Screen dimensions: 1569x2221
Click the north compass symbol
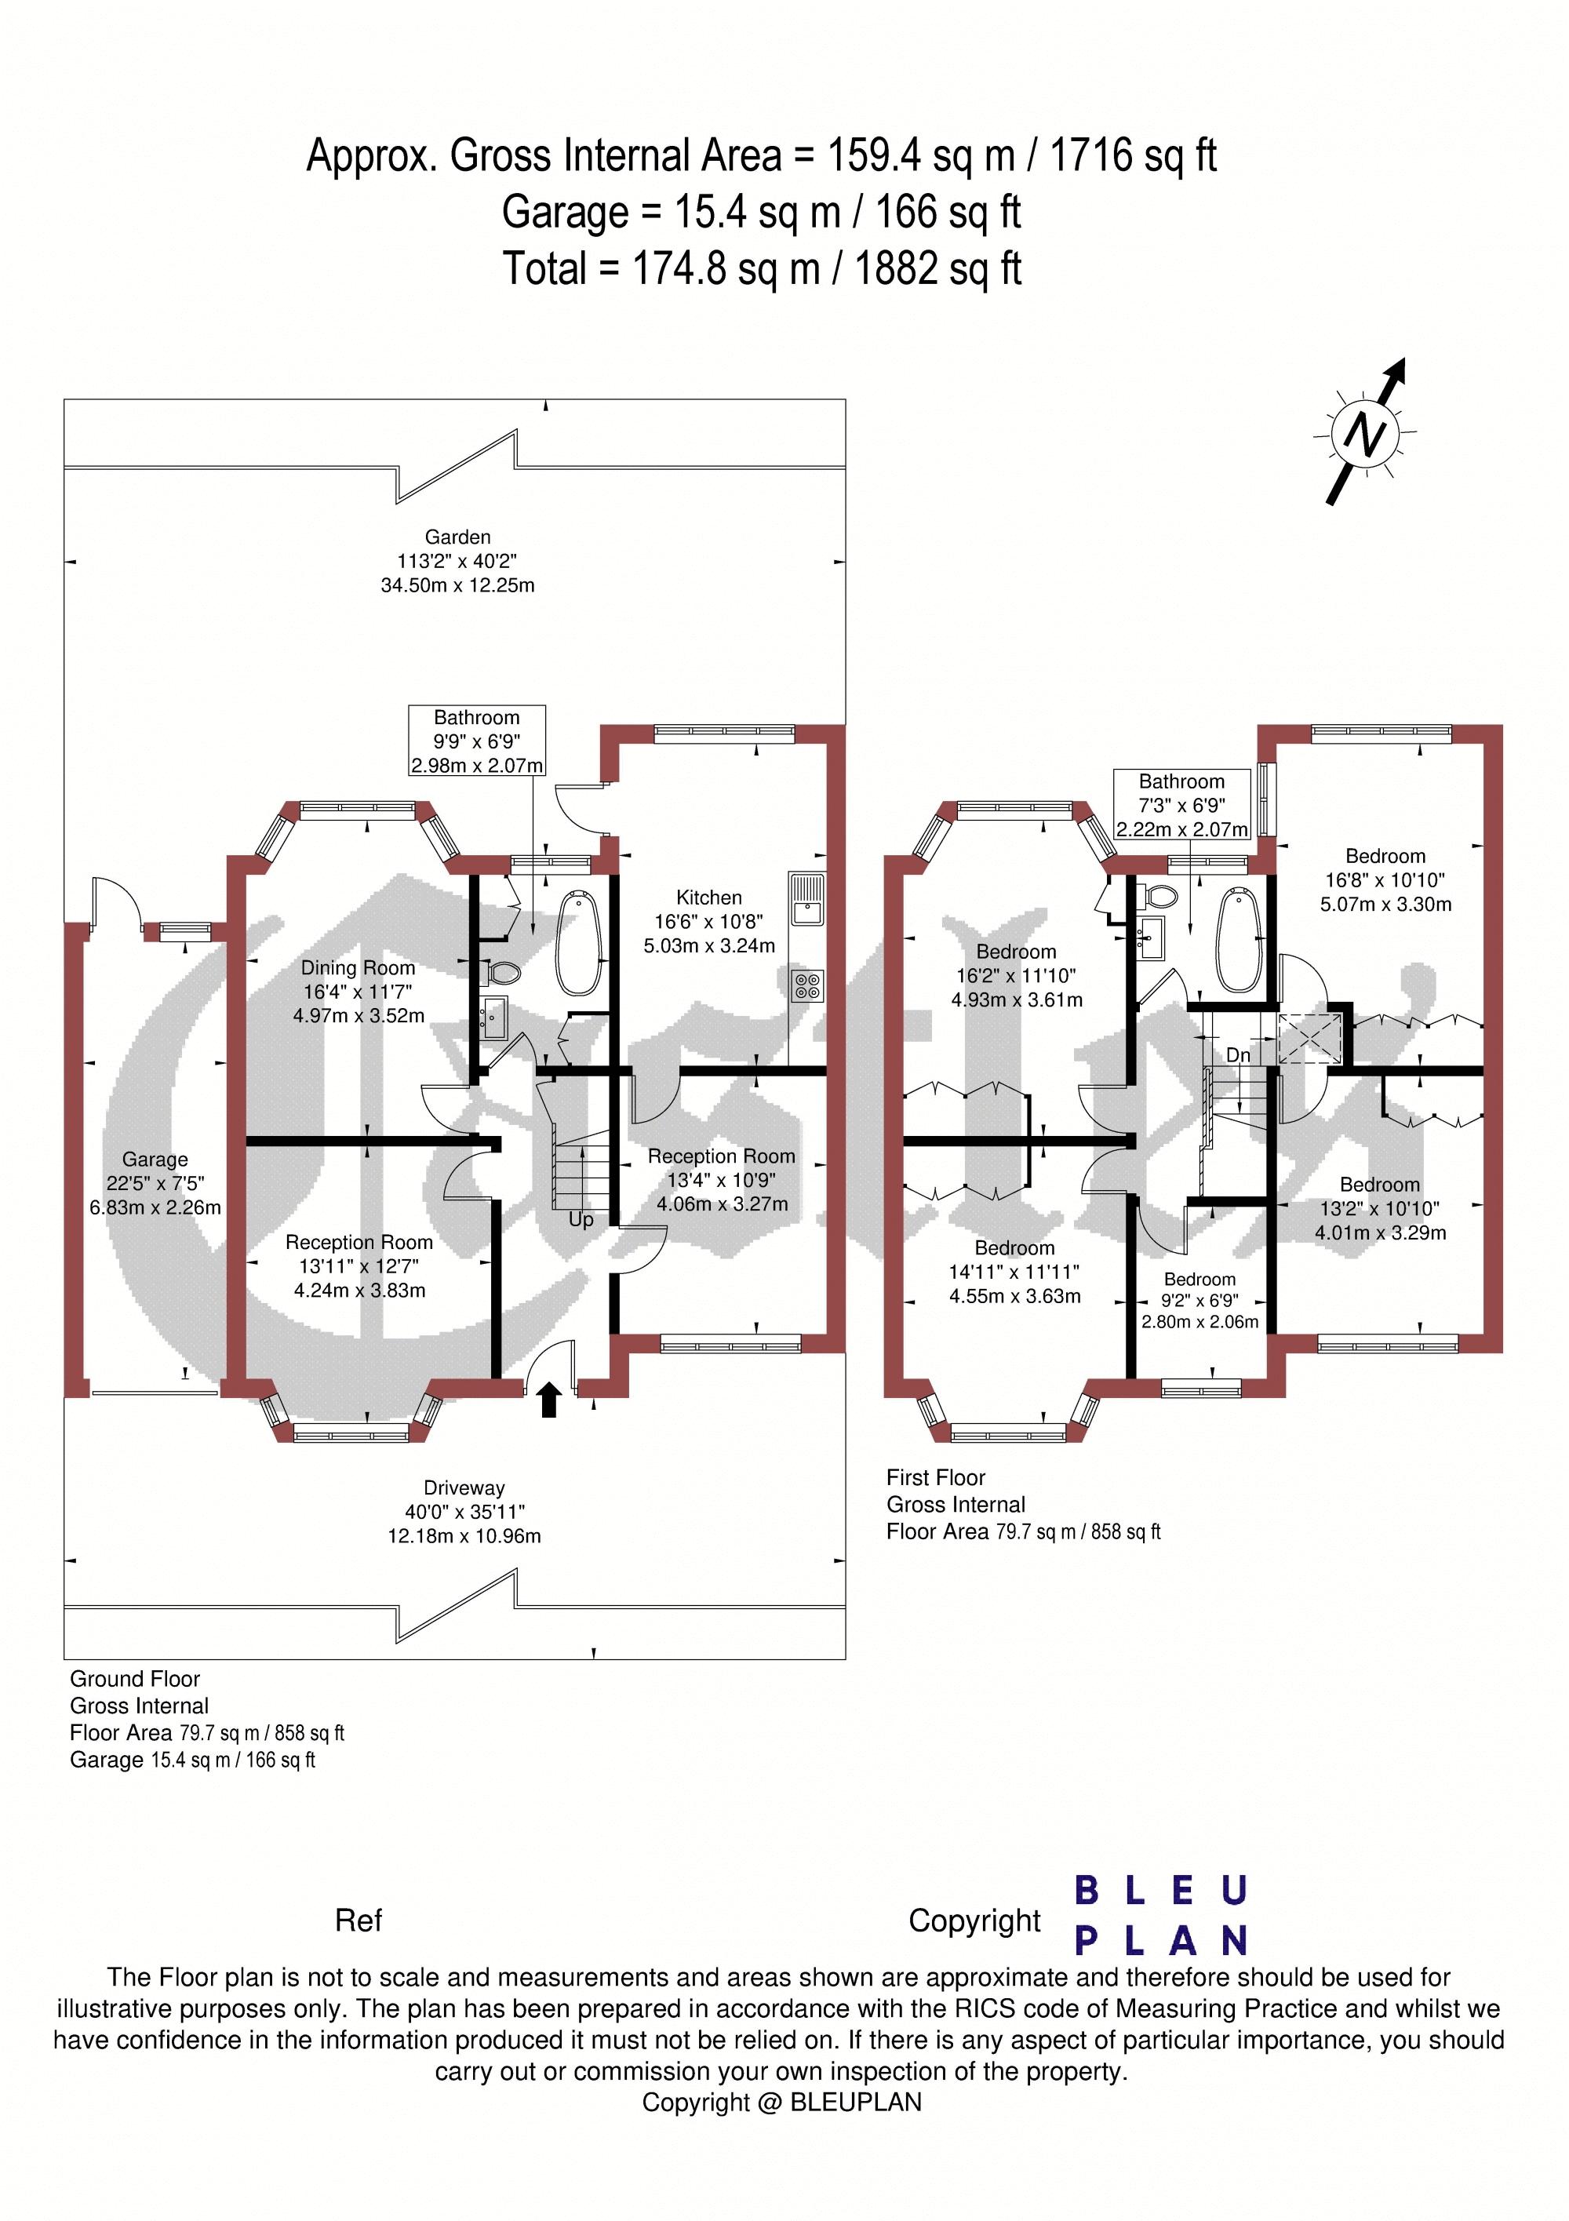click(x=1365, y=433)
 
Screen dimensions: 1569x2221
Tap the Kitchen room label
click(x=709, y=898)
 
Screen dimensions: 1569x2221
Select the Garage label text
click(x=155, y=1160)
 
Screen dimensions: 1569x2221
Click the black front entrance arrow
click(x=549, y=1400)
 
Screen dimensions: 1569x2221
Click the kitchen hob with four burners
click(x=806, y=985)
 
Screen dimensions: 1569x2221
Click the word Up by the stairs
click(x=581, y=1220)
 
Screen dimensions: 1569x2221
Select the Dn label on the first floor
click(x=1238, y=1054)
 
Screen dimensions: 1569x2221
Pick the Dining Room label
click(x=358, y=968)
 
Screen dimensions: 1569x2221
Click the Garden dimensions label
click(x=457, y=561)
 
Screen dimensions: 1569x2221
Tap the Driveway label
click(x=464, y=1487)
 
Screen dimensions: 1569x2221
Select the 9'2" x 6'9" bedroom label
click(x=1200, y=1300)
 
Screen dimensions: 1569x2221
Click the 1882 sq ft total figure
click(x=938, y=268)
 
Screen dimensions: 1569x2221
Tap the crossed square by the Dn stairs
click(x=1310, y=1038)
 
